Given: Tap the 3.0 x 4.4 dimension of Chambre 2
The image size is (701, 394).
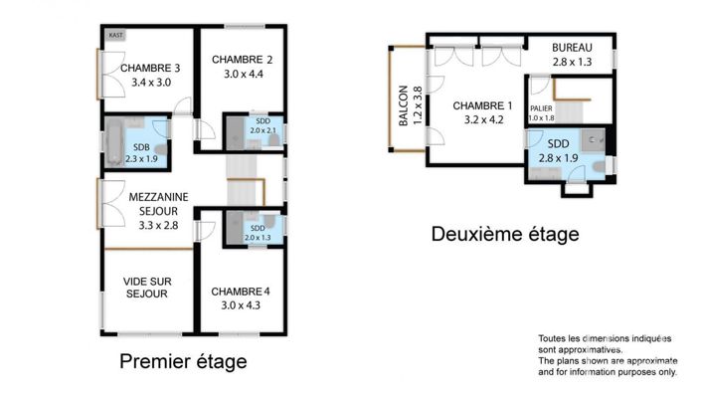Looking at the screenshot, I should tap(242, 74).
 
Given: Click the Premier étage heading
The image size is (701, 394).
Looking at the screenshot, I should tap(183, 361).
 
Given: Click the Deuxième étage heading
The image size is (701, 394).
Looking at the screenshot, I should tap(504, 235).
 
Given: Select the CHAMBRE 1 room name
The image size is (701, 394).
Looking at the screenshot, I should tap(482, 106).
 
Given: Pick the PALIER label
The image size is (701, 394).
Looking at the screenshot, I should tap(541, 108).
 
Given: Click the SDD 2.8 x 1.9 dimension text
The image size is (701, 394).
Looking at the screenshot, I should tap(558, 157).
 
